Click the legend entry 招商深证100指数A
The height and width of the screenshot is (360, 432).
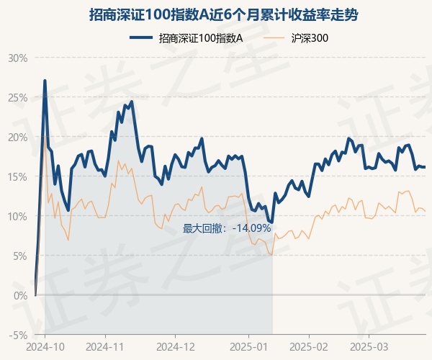pyautogui.click(x=200, y=39)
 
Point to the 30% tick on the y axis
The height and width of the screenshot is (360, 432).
pyautogui.click(x=17, y=58)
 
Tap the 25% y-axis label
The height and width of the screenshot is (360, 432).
pyautogui.click(x=17, y=97)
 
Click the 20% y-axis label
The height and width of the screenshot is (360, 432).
pyautogui.click(x=17, y=137)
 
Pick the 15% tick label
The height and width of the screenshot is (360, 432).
pyautogui.click(x=17, y=176)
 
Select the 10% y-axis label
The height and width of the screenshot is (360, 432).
pyautogui.click(x=17, y=216)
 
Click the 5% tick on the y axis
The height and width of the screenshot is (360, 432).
pyautogui.click(x=19, y=256)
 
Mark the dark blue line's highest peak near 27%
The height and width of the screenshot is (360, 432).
pyautogui.click(x=45, y=81)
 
